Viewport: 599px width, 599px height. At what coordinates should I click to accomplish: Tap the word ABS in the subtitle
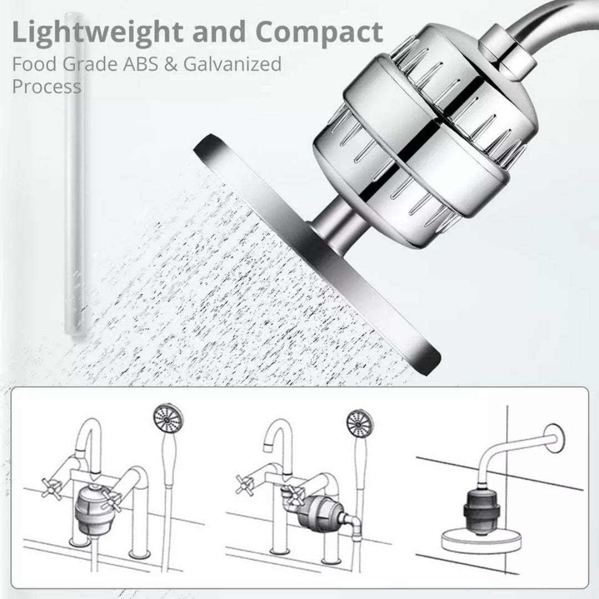140,64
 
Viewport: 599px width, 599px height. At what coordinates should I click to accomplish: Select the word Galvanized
232,64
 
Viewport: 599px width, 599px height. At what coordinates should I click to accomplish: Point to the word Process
47,87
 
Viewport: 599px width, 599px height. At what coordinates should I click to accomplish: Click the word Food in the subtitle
34,64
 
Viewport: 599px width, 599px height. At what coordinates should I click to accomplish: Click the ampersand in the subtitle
171,64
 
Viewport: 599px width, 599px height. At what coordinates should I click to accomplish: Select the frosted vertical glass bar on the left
74,174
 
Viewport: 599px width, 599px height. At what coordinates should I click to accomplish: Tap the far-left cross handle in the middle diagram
245,485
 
